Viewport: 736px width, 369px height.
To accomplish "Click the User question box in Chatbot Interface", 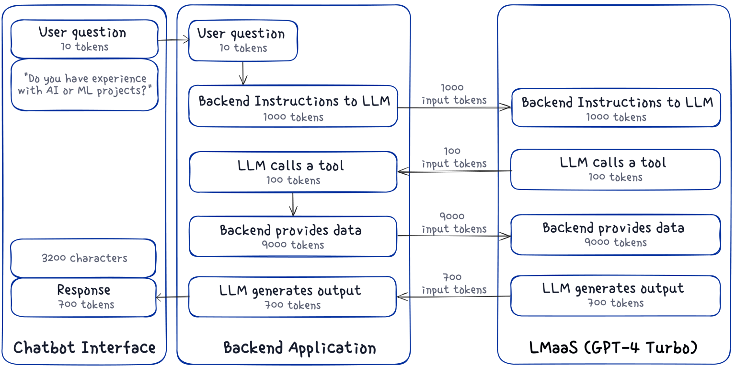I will click(x=84, y=39).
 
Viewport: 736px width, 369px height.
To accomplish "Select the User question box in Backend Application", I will click(x=243, y=40).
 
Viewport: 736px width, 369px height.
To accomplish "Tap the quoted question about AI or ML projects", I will click(x=85, y=84).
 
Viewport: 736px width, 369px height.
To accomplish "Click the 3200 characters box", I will click(x=84, y=258).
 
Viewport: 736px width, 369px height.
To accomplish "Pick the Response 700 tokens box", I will click(x=84, y=297).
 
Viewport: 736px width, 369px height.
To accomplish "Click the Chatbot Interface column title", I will click(x=84, y=347).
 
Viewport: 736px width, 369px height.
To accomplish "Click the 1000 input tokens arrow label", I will click(x=454, y=95).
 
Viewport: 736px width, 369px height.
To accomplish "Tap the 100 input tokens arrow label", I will click(x=454, y=158).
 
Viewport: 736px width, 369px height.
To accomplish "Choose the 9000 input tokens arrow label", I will click(x=454, y=223).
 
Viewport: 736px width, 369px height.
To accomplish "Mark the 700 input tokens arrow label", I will click(x=454, y=284).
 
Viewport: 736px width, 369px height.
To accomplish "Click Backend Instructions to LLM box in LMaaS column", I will click(x=616, y=108).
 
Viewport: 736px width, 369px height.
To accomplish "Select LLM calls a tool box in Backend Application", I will click(x=293, y=172).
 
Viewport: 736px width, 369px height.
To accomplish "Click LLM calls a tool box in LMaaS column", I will click(x=615, y=169).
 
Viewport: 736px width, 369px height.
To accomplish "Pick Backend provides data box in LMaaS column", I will click(x=615, y=234).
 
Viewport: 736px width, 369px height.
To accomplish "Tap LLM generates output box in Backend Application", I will click(x=293, y=297).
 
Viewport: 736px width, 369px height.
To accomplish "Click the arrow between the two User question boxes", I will click(x=173, y=40).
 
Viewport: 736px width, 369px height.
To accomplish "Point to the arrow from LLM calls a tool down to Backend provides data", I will click(x=293, y=204).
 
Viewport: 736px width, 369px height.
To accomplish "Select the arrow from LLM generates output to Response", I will click(x=172, y=297).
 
